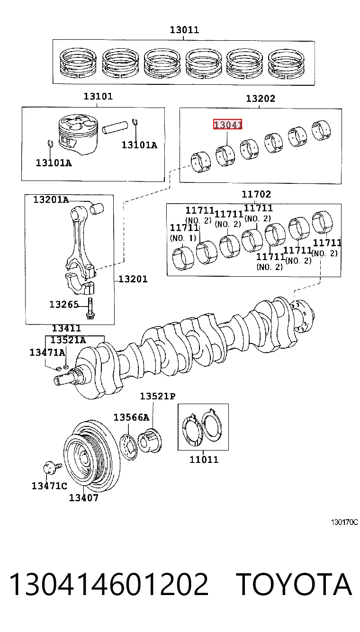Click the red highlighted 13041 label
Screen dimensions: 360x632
click(227, 124)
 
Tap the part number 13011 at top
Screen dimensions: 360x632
click(184, 30)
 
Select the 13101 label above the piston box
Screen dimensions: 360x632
click(98, 97)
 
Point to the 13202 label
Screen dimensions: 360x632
click(261, 99)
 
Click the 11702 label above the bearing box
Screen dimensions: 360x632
click(256, 194)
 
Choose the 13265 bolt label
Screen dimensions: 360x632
click(64, 305)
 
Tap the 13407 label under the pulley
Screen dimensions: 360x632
click(84, 498)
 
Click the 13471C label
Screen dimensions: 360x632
click(49, 486)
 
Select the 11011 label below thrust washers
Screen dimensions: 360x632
click(204, 460)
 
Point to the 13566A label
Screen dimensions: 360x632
click(131, 417)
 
